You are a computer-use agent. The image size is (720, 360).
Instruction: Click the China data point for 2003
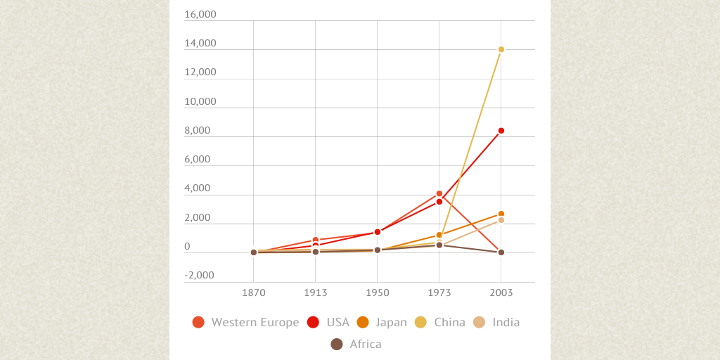click(501, 49)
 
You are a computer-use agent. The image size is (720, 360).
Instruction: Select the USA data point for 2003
click(501, 131)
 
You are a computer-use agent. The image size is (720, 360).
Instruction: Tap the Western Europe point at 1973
click(439, 193)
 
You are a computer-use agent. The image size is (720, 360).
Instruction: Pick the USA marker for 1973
click(439, 202)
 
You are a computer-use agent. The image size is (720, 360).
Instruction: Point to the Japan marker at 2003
click(501, 214)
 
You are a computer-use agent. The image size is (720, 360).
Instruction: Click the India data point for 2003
click(501, 220)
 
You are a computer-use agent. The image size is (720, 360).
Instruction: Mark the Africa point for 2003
click(501, 252)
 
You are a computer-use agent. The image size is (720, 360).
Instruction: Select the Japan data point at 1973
click(439, 235)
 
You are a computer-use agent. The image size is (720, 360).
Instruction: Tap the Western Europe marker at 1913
click(316, 240)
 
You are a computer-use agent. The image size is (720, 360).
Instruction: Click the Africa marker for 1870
click(254, 252)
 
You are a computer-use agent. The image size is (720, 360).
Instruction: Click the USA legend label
click(337, 322)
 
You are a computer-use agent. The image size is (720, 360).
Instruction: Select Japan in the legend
click(391, 322)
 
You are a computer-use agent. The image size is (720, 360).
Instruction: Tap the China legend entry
click(449, 322)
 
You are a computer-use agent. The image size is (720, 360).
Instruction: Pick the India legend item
click(506, 322)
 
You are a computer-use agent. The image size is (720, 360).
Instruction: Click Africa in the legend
click(365, 344)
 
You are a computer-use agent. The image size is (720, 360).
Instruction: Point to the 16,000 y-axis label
click(200, 14)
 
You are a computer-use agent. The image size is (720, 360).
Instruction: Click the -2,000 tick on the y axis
click(200, 275)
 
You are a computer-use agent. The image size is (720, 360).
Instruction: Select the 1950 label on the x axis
click(378, 293)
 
